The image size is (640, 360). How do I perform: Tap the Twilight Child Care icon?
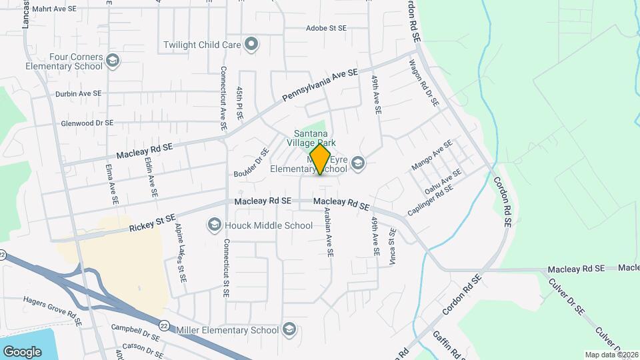tap(251, 45)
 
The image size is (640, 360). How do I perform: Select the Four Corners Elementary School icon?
tap(113, 61)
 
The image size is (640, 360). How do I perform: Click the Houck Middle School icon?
tap(215, 225)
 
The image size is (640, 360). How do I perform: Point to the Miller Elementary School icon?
tap(289, 329)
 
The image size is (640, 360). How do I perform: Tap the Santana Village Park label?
tap(315, 138)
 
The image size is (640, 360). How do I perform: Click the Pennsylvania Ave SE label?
tap(320, 85)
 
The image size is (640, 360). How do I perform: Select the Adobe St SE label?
tap(326, 29)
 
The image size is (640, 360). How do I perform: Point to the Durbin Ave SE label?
tap(79, 94)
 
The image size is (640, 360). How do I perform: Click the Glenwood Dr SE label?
tap(87, 123)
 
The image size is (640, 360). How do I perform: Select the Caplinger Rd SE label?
tap(430, 199)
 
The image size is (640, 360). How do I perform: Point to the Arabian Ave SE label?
tap(328, 231)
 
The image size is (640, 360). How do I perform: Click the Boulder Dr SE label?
tap(251, 162)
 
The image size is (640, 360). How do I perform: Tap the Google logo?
tap(22, 351)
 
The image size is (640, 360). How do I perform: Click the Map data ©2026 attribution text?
tap(611, 354)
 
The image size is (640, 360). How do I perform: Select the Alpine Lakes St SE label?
tap(181, 247)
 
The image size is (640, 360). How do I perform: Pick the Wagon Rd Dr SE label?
tap(424, 83)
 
